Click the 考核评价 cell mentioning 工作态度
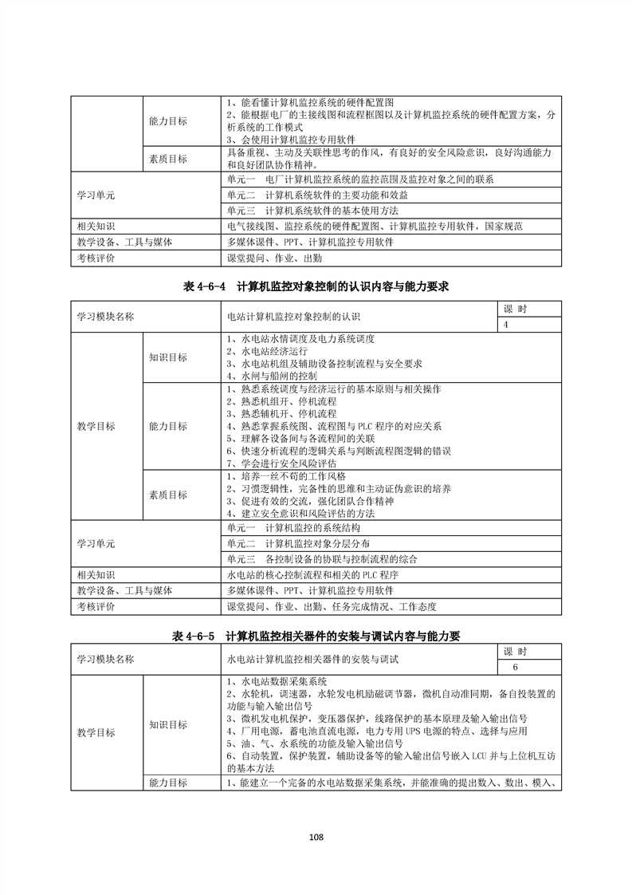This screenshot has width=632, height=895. pos(332,607)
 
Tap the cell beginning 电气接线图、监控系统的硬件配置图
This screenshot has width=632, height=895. pos(375,227)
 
